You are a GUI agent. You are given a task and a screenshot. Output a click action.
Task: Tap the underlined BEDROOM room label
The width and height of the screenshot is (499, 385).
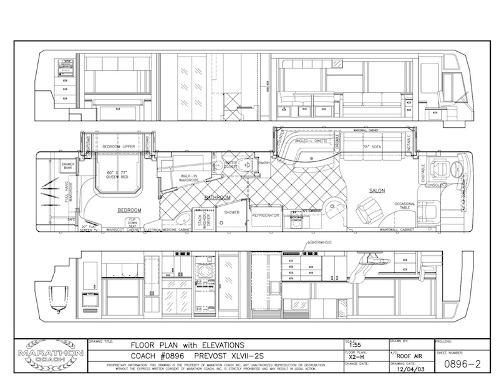click(129, 210)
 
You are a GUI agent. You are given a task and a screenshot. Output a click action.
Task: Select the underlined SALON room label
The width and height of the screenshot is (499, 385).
click(377, 190)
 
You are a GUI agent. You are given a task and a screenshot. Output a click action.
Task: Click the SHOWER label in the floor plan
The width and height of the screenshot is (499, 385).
click(232, 212)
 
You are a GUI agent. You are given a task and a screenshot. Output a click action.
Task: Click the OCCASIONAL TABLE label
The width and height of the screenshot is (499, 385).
click(405, 206)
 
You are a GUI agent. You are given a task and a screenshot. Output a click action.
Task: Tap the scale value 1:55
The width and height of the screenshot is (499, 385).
click(356, 346)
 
